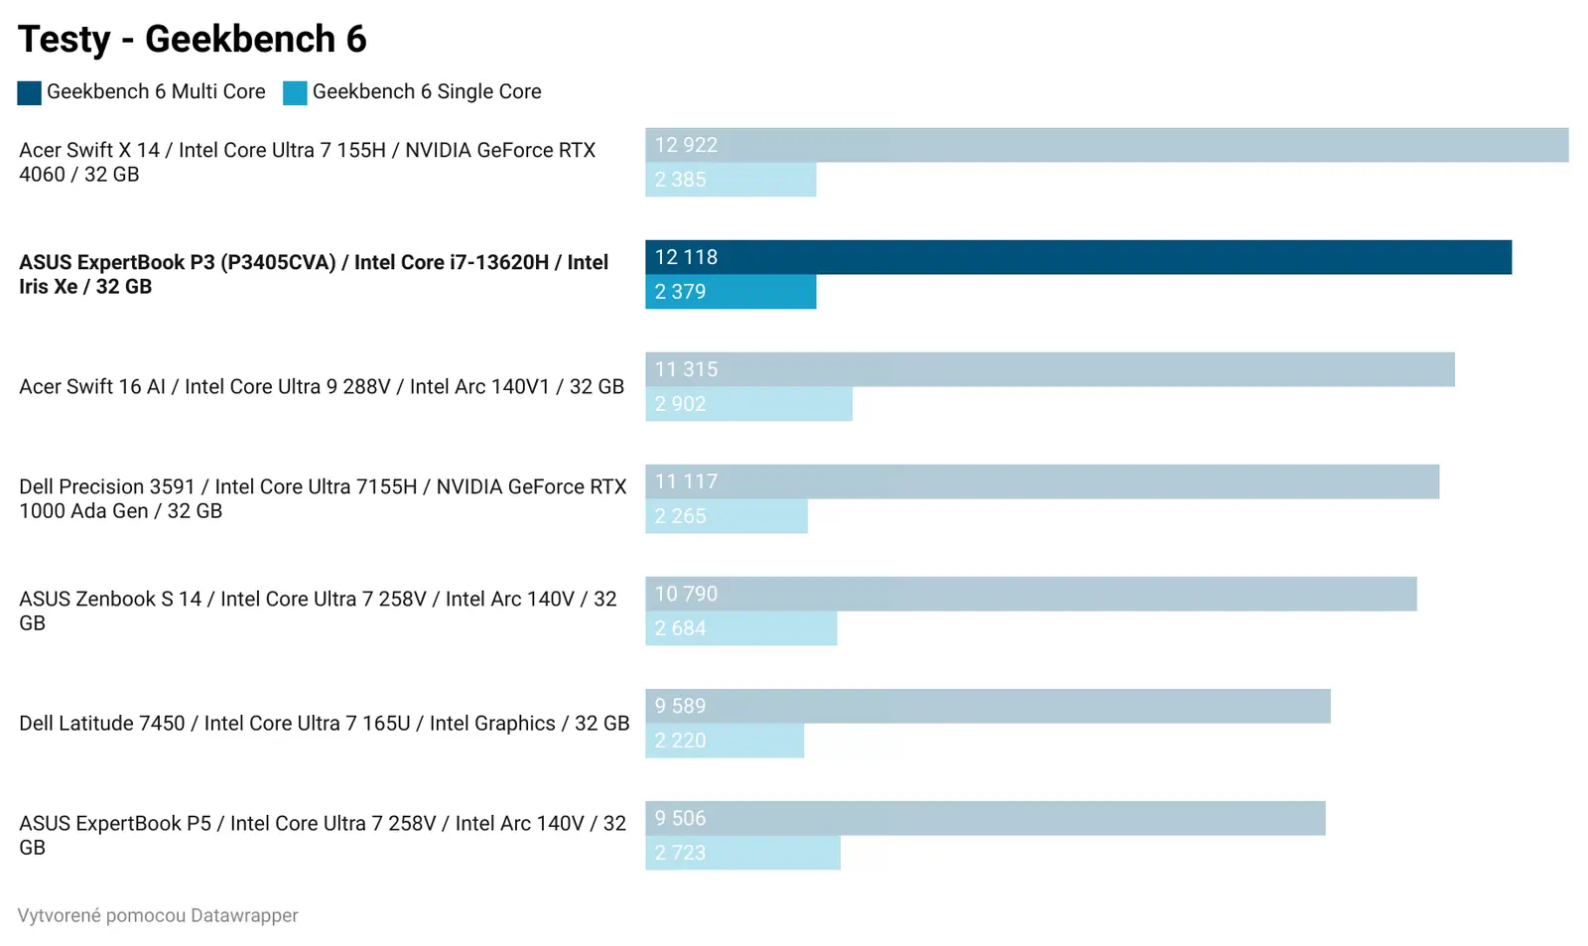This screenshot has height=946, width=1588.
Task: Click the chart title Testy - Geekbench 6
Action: point(193,40)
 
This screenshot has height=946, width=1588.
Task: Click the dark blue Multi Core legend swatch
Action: point(29,92)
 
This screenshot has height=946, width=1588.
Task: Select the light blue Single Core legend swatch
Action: point(295,92)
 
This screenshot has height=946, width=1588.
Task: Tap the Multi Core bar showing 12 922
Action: point(1107,145)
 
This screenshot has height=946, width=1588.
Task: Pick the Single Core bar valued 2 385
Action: point(730,180)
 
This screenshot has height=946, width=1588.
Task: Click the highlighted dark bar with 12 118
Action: point(1078,257)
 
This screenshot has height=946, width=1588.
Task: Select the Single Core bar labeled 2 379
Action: point(730,292)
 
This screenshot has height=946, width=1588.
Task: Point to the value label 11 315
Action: point(686,369)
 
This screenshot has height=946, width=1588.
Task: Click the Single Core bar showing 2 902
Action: point(748,404)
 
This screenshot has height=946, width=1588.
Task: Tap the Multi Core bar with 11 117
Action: point(1042,481)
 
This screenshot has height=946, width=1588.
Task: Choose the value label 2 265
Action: point(680,516)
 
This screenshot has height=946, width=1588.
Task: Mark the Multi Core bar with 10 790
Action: point(1030,594)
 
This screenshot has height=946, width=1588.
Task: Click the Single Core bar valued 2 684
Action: point(740,628)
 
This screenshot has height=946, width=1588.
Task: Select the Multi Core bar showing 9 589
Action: point(988,706)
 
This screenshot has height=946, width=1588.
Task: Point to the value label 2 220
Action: point(680,741)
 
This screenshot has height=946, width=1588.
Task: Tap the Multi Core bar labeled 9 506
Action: point(985,818)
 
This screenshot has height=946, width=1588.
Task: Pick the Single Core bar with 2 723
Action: point(742,853)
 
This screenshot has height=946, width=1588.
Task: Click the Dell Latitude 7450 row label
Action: point(324,724)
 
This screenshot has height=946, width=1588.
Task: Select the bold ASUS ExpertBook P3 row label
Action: point(314,274)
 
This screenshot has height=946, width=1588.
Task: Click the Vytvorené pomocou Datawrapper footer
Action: point(158,915)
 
